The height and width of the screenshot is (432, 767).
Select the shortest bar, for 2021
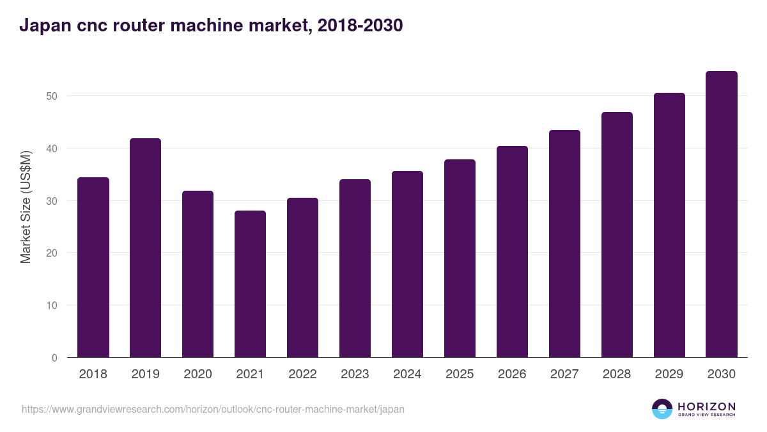pos(250,284)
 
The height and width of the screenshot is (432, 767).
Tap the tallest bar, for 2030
pos(722,214)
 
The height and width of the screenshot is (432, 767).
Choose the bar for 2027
pos(564,244)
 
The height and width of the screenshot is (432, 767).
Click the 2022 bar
pos(302,278)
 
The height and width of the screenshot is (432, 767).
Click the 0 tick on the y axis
pos(54,358)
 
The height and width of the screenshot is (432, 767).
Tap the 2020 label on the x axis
pos(198,374)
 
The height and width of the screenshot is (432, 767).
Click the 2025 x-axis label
pos(460,374)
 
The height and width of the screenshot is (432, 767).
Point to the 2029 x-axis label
pos(669,374)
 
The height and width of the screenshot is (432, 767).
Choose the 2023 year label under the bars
pos(355,374)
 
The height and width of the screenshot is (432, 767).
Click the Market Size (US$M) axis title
pos(26,207)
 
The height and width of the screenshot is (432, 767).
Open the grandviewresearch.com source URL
pos(213,409)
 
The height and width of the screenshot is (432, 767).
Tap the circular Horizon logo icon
pos(662,409)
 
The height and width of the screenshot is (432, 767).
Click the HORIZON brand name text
pos(706,406)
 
